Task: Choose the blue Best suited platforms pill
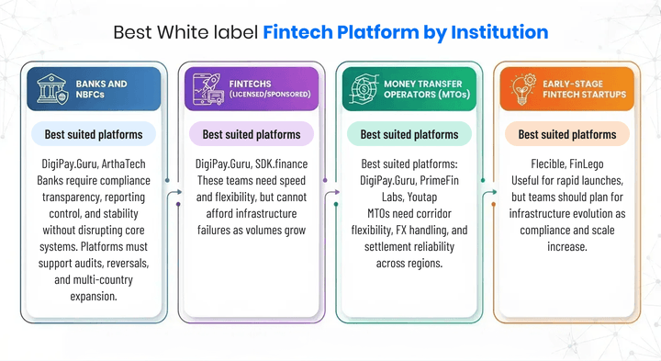click(94, 134)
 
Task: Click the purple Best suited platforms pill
click(252, 134)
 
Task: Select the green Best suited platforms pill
click(409, 134)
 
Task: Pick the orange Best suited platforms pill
click(567, 134)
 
